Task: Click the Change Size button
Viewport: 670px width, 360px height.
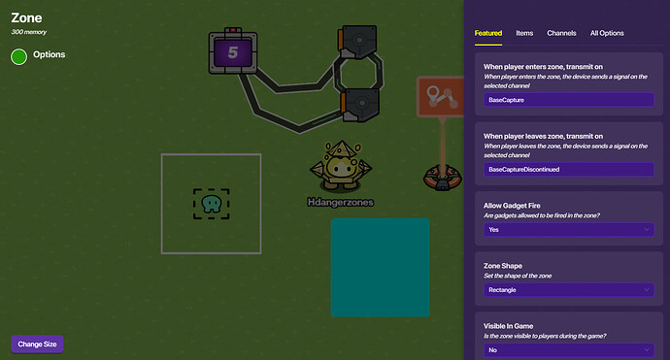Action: [x=37, y=344]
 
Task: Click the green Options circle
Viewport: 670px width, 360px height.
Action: [x=18, y=56]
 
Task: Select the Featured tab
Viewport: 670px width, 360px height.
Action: [x=487, y=33]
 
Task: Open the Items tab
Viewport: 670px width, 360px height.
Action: [x=524, y=33]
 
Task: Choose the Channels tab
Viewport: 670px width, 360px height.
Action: [x=561, y=33]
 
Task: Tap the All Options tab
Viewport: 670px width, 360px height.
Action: [x=607, y=33]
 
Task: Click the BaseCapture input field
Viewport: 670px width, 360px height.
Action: [x=568, y=100]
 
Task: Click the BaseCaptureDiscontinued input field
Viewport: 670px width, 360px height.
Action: [x=568, y=170]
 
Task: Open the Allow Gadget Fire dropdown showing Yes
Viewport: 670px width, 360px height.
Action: [x=568, y=230]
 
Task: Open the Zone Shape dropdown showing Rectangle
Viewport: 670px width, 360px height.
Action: [x=568, y=289]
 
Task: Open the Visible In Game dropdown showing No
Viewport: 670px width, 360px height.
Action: [x=568, y=349]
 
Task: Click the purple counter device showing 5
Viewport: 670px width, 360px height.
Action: [x=232, y=52]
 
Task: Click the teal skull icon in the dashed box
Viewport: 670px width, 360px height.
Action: [x=211, y=204]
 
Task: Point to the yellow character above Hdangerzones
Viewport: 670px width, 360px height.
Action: [x=339, y=166]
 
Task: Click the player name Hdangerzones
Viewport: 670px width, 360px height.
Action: [x=340, y=202]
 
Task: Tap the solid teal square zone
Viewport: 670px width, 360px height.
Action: [x=380, y=267]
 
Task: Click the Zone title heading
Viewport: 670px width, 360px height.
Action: [x=26, y=17]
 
